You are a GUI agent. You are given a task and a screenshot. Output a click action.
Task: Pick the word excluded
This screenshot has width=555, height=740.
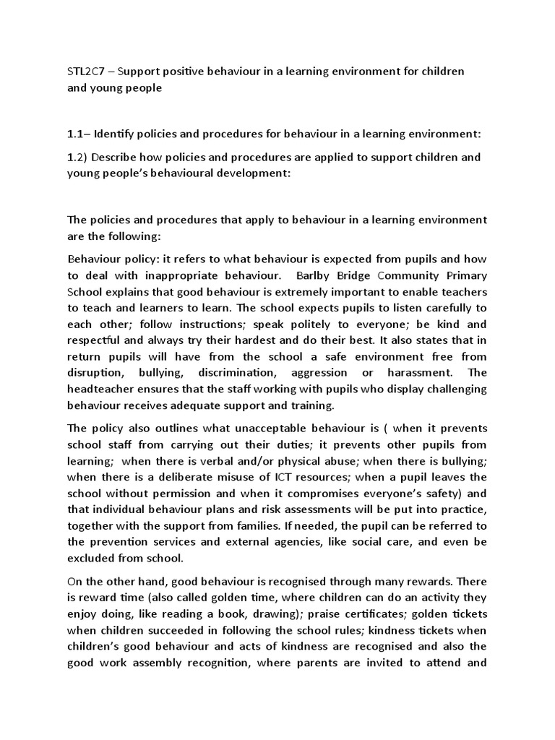(x=91, y=558)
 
